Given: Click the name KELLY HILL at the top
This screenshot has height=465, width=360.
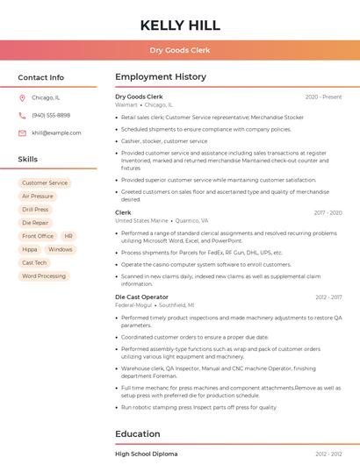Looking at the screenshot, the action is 180,25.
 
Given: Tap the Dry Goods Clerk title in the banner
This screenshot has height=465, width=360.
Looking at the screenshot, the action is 180,51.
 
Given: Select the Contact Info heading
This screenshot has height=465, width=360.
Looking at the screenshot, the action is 40,77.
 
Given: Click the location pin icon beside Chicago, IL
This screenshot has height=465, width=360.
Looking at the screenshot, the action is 22,98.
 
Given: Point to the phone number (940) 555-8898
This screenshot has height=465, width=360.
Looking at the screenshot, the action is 51,116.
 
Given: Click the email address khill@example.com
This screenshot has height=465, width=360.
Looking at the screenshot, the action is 56,133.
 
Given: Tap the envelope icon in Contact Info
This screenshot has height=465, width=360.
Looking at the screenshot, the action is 22,133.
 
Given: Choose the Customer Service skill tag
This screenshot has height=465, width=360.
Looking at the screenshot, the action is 45,183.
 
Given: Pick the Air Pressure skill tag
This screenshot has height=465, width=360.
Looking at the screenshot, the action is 38,197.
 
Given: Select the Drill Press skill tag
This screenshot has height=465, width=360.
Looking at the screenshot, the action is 35,210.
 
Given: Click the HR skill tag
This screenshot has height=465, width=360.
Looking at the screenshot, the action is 68,236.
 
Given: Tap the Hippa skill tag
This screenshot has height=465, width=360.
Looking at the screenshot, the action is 30,249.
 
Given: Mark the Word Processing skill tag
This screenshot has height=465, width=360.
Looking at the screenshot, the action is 44,276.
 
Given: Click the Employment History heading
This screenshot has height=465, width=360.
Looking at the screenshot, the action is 161,77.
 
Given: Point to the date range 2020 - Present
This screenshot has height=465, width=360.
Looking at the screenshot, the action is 323,97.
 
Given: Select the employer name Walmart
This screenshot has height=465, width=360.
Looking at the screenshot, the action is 126,104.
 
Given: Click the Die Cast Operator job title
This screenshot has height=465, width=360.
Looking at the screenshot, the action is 141,297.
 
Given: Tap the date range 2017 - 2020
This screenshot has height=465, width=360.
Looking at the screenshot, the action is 328,212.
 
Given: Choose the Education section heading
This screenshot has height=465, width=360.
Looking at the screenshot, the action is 138,433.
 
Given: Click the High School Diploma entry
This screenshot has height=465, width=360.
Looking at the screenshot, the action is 146,454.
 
